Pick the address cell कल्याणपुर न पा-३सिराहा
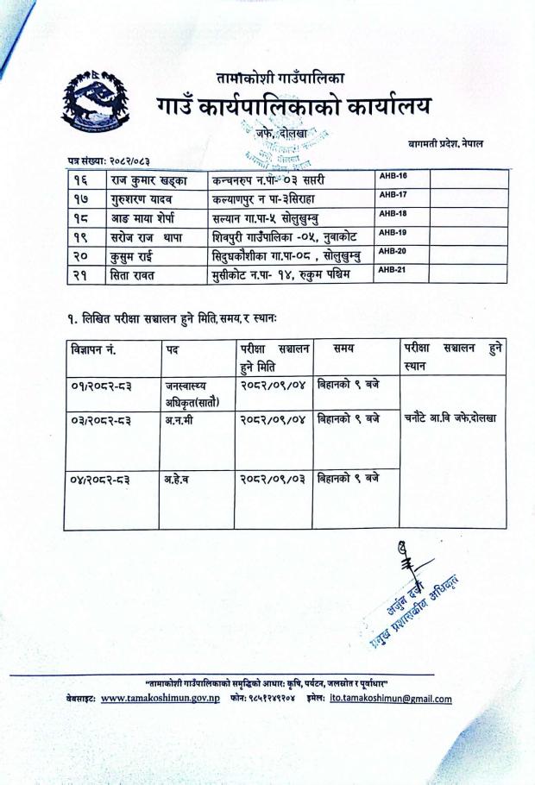click(x=275, y=199)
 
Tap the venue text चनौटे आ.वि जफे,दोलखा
click(x=452, y=419)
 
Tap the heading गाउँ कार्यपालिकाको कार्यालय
click(x=293, y=109)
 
